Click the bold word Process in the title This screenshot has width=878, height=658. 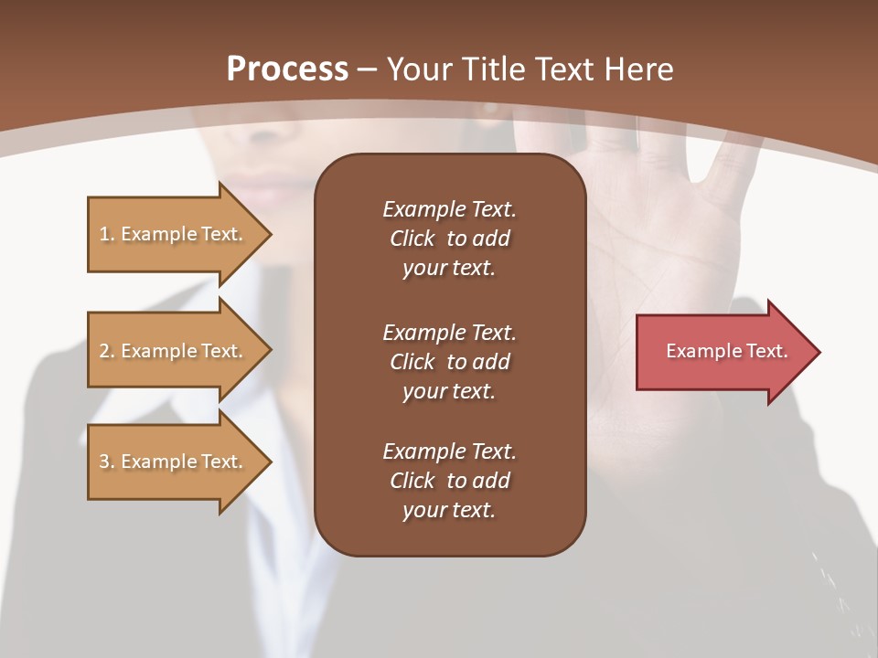pyautogui.click(x=287, y=69)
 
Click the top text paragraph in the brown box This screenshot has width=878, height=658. pyautogui.click(x=449, y=239)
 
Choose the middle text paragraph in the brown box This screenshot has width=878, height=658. pyautogui.click(x=449, y=362)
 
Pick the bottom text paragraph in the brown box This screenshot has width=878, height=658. pyautogui.click(x=449, y=481)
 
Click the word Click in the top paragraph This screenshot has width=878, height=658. pyautogui.click(x=412, y=239)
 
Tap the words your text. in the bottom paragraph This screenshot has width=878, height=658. pyautogui.click(x=448, y=510)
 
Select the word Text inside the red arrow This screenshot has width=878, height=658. pyautogui.click(x=767, y=351)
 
